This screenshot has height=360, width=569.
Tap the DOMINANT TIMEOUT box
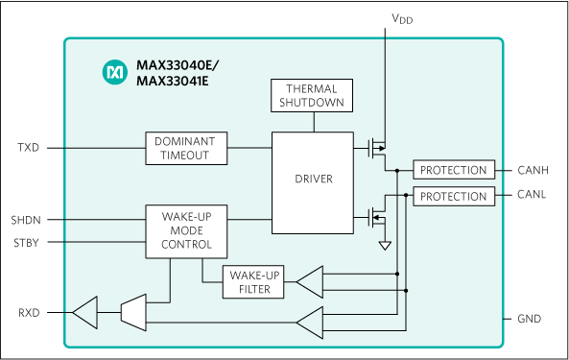(x=186, y=148)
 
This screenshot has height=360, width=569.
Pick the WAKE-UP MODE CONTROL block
(x=186, y=231)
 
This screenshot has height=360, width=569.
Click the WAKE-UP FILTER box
(x=253, y=282)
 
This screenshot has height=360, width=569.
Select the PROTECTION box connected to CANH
(x=453, y=170)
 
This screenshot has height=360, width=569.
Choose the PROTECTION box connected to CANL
(x=453, y=196)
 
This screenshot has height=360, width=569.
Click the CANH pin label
(x=533, y=171)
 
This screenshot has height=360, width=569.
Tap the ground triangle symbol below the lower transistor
(x=385, y=246)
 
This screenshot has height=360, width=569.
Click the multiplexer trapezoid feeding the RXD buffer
(x=132, y=311)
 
